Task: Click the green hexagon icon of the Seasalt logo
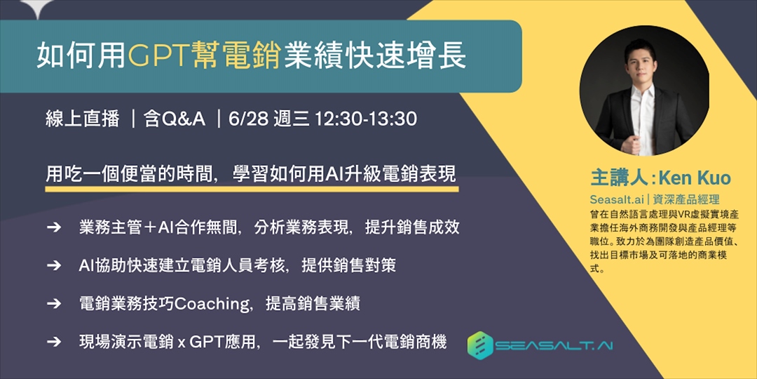point(480,345)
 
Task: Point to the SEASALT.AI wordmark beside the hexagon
point(553,346)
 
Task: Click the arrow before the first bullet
point(54,227)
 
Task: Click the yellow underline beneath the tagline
point(252,188)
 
